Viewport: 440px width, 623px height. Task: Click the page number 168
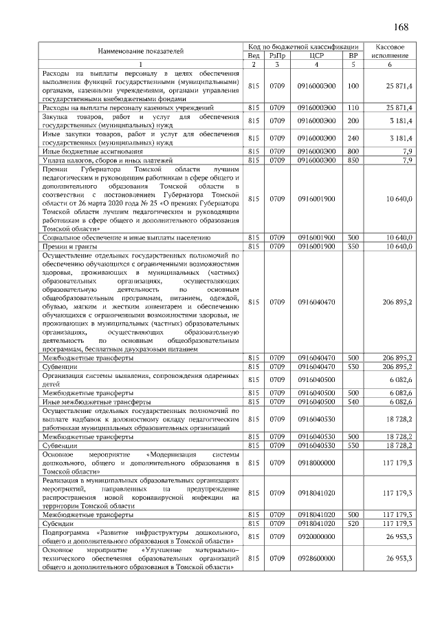pos(401,28)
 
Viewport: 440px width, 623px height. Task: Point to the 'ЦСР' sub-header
pos(317,55)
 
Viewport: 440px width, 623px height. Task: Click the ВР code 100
pos(353,86)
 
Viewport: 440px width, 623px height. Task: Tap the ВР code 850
pos(353,160)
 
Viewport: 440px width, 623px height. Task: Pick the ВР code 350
pos(353,246)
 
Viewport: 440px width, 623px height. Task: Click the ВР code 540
pos(353,401)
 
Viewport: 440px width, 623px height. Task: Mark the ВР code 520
pos(353,523)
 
